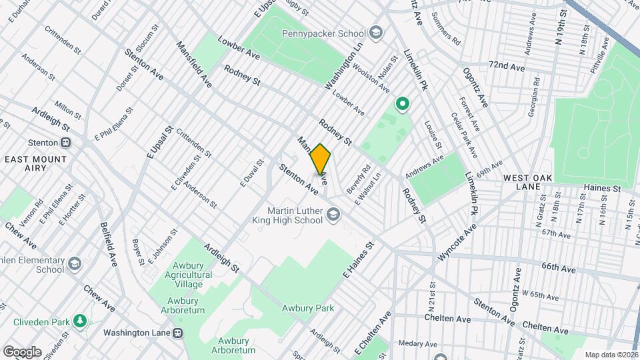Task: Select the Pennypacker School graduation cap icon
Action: click(x=376, y=33)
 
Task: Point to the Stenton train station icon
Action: click(x=66, y=142)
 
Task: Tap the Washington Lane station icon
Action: click(x=177, y=333)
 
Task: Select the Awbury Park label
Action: click(x=307, y=308)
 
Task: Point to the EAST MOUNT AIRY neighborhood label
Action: click(x=35, y=163)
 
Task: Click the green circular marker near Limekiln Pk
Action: click(x=402, y=103)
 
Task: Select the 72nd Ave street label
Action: click(x=506, y=67)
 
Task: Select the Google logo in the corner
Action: click(x=22, y=351)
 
